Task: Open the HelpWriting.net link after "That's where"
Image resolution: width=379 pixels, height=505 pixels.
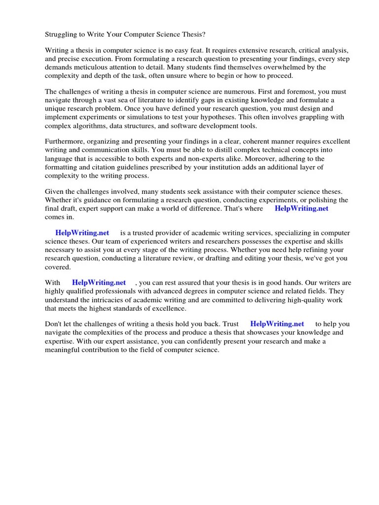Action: (x=301, y=209)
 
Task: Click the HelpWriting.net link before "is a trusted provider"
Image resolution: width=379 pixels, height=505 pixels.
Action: (x=82, y=233)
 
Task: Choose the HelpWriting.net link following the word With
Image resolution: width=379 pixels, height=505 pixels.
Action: (x=99, y=283)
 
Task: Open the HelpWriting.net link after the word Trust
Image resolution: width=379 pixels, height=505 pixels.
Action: (x=277, y=325)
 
